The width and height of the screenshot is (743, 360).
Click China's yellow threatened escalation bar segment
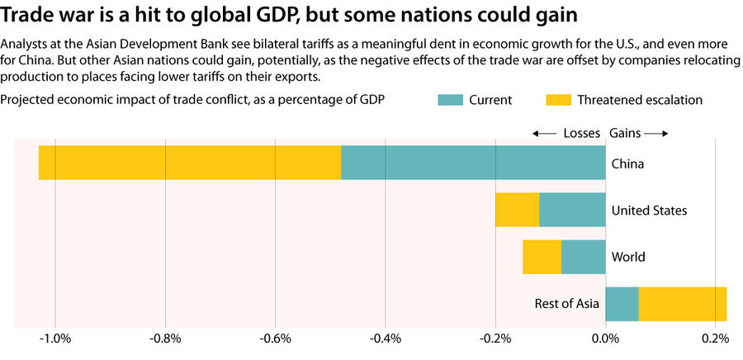190,163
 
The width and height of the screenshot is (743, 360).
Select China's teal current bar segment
473,163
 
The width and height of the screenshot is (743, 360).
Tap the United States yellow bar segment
517,210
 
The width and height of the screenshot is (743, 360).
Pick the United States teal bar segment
572,210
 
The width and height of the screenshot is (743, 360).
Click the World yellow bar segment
542,257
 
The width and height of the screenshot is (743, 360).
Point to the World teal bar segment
583,257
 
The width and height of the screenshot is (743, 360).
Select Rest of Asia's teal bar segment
622,304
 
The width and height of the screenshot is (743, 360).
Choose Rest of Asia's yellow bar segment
682,304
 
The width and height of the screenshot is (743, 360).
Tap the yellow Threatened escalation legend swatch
558,100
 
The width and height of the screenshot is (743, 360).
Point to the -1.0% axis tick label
55,338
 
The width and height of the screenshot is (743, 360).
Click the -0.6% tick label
275,338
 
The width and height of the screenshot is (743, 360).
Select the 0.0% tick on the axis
605,338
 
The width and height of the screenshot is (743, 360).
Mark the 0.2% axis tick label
715,338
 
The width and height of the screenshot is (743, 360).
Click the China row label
627,163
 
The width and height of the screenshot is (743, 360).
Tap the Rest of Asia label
566,305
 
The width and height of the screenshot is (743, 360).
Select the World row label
628,258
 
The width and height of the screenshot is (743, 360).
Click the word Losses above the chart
582,133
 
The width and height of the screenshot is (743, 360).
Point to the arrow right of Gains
655,133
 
